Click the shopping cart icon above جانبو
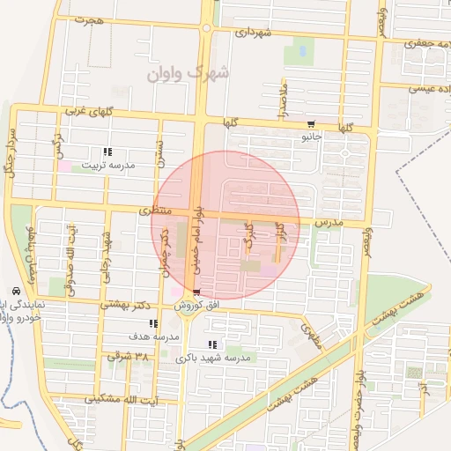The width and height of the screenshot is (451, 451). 312,124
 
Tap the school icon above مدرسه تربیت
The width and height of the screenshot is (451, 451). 108,152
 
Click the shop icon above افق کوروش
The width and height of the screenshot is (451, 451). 196,292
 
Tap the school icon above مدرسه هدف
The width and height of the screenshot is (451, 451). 155,323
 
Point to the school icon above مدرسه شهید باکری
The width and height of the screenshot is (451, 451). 211,344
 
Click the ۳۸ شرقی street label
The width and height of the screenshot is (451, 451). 124,357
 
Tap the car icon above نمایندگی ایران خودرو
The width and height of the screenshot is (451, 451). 16,291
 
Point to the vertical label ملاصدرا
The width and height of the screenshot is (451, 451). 283,96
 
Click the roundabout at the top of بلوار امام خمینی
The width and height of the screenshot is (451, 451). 206,28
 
